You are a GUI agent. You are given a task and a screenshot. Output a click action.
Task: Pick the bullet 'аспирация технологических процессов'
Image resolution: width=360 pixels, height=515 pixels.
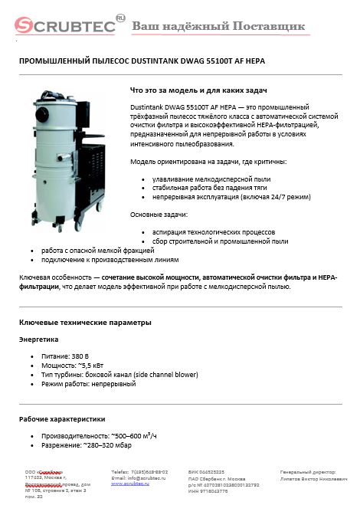pos(214,231)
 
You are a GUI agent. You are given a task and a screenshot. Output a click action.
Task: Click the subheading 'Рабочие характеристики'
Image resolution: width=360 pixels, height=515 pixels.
pos(61,418)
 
